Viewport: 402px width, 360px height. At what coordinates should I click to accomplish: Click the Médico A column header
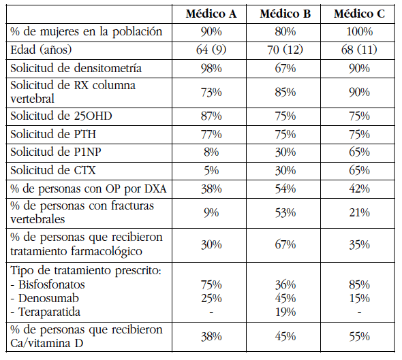click(211, 14)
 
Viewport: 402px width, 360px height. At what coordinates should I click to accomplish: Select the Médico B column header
click(285, 14)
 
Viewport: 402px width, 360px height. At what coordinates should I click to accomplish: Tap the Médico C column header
click(358, 14)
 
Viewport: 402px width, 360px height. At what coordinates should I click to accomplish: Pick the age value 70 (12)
click(285, 50)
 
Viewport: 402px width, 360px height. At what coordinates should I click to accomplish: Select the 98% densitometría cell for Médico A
click(211, 68)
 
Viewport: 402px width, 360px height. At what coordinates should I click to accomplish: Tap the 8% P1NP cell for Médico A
click(211, 152)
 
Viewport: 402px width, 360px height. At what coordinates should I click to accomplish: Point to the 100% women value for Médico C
click(358, 31)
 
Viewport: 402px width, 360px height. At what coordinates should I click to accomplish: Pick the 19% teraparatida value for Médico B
click(285, 312)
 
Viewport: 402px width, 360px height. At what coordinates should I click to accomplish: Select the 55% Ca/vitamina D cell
click(358, 336)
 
